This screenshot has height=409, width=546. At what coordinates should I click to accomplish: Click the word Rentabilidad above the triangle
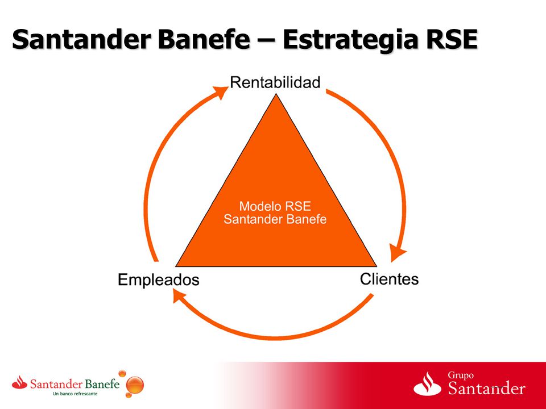coord(275,83)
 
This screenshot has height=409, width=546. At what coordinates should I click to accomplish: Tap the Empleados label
coord(159,280)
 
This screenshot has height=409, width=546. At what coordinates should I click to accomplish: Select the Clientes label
coord(389,279)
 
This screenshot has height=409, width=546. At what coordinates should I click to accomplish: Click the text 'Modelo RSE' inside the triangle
coord(275,206)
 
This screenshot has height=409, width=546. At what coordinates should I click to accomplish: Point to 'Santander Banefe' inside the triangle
coord(275,219)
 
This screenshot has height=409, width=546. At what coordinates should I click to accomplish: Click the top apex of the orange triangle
coord(276,94)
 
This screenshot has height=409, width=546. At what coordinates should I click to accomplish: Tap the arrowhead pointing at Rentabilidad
coord(220,91)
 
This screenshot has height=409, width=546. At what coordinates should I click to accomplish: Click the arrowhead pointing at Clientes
coord(396,252)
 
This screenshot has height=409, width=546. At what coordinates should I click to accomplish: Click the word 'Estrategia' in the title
coord(351,39)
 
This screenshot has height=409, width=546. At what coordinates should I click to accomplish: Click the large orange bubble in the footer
coord(135,385)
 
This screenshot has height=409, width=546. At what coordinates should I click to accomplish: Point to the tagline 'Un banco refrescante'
coord(75,394)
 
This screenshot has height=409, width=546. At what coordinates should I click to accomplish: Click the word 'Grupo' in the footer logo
coord(461,375)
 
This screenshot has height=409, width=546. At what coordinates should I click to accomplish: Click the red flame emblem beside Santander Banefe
coord(19,382)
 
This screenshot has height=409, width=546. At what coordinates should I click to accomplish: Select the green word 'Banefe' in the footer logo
coord(102,385)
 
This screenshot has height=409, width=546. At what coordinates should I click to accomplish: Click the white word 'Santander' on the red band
coord(486,389)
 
